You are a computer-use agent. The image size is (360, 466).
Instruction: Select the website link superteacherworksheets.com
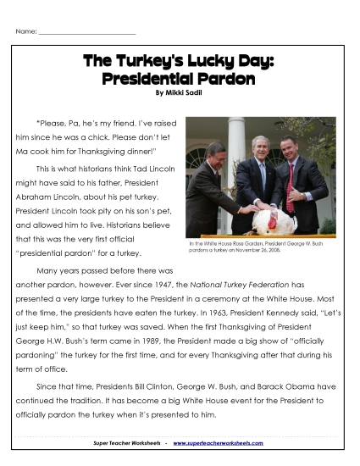pyautogui.click(x=219, y=442)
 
